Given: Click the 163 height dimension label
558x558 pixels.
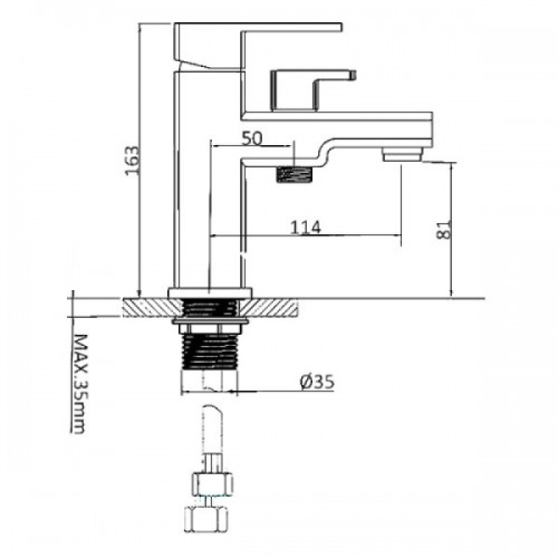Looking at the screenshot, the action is tap(132, 160).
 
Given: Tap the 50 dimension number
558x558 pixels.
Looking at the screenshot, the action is tap(252, 139).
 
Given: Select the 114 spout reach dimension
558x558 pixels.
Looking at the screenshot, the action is tap(306, 227).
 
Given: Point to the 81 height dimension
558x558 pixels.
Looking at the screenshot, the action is tap(444, 230).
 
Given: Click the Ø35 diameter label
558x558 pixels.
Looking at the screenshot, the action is tap(317, 382).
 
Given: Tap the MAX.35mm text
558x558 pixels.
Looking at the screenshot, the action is tap(79, 383).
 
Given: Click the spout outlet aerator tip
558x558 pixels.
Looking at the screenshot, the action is tap(402, 155).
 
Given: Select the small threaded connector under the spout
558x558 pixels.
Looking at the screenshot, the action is tap(294, 175).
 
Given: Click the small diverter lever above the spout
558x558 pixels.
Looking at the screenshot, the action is tap(313, 89).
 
